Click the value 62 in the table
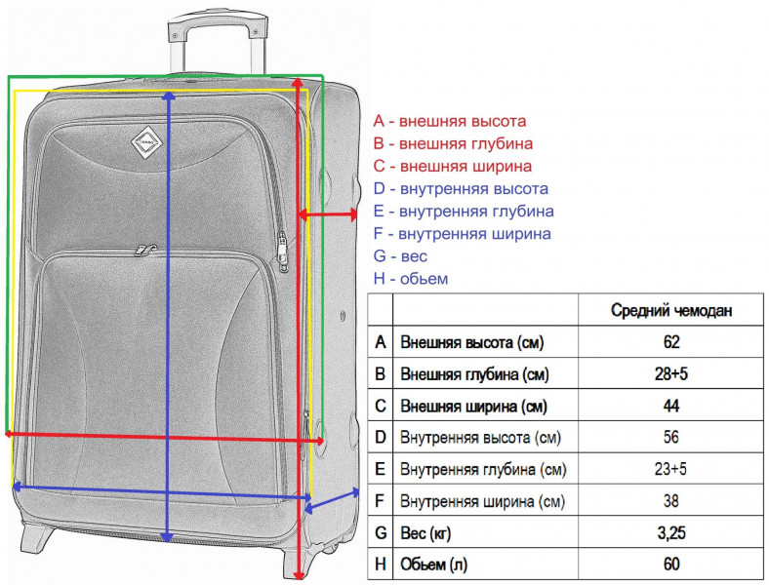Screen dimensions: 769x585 pyautogui.click(x=670, y=342)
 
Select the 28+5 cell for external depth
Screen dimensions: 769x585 pyautogui.click(x=670, y=373)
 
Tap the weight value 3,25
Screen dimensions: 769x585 pyautogui.click(x=670, y=532)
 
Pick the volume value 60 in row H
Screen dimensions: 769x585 pyautogui.click(x=670, y=564)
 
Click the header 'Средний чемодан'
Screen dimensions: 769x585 pyautogui.click(x=670, y=310)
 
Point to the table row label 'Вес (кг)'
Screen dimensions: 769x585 pyautogui.click(x=425, y=533)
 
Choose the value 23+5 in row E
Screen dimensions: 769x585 pyautogui.click(x=670, y=469)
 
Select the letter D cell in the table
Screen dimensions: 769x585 pyautogui.click(x=380, y=437)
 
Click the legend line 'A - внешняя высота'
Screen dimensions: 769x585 pyautogui.click(x=449, y=121)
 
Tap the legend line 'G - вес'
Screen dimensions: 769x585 pyautogui.click(x=400, y=255)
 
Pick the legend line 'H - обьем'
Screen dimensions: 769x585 pyautogui.click(x=411, y=278)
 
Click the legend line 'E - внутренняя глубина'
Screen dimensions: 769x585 pyautogui.click(x=464, y=212)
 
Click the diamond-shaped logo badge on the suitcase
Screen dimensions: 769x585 pyautogui.click(x=146, y=142)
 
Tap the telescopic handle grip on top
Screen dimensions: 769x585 pyautogui.click(x=219, y=23)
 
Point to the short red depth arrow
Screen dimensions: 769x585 pyautogui.click(x=328, y=214)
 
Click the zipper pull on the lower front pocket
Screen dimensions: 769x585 pyautogui.click(x=144, y=251)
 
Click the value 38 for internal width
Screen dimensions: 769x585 pyautogui.click(x=670, y=501)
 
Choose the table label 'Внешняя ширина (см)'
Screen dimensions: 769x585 pyautogui.click(x=473, y=407)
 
